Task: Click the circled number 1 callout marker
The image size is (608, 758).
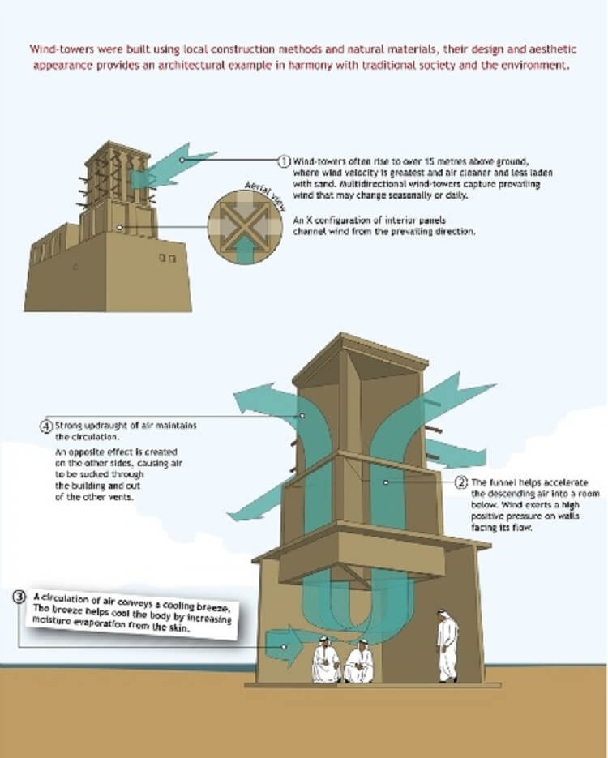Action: (285, 161)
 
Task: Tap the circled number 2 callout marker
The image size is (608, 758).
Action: (461, 482)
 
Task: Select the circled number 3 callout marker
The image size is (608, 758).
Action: (19, 597)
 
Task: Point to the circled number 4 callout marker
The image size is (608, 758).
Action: (46, 426)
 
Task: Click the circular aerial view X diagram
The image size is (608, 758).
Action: (245, 227)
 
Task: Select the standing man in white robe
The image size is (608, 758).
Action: (447, 646)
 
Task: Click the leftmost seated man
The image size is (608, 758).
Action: (326, 660)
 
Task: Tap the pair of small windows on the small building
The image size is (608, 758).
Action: (167, 258)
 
